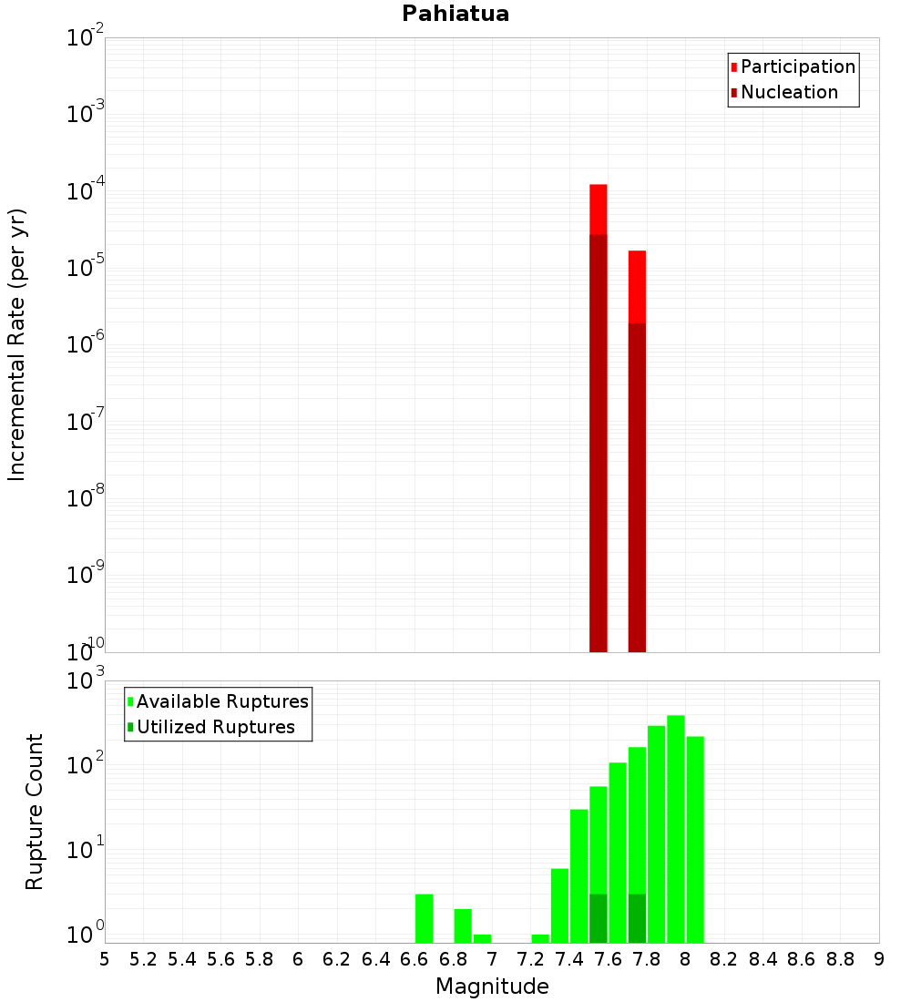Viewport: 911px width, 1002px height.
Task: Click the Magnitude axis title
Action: point(492,987)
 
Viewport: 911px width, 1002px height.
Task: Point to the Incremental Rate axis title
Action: point(17,344)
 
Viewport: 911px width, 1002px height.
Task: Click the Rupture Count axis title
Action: point(35,812)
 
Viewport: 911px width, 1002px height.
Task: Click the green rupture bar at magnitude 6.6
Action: point(425,918)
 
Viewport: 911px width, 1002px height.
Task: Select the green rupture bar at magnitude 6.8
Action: point(463,925)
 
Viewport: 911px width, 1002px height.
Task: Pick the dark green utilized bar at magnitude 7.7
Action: point(637,918)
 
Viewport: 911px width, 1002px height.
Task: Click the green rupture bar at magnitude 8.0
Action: point(695,839)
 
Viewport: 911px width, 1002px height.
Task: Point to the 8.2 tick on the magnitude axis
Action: point(724,959)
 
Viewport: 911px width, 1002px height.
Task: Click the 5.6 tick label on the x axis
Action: point(220,959)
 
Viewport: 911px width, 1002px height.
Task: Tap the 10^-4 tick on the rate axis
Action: point(87,192)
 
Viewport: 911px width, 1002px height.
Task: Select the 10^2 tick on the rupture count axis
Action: point(87,765)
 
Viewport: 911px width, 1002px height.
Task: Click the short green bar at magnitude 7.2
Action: point(540,938)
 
